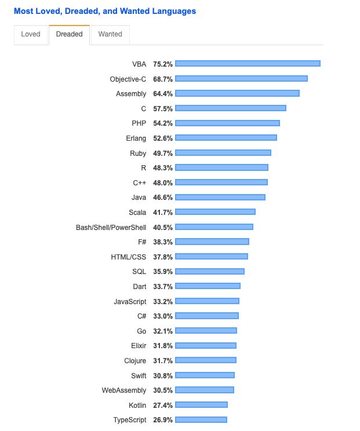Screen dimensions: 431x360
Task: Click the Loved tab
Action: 31,34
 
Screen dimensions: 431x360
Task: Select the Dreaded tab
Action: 70,34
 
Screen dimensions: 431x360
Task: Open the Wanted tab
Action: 110,34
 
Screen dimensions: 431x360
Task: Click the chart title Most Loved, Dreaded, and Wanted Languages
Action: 105,11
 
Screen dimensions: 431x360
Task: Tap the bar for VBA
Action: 248,64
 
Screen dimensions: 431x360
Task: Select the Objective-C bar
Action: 241,79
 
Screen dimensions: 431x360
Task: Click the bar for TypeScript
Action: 201,420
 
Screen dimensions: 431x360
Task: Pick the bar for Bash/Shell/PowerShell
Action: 214,227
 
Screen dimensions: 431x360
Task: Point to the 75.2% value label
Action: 163,64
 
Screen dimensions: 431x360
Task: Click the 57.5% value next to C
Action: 163,108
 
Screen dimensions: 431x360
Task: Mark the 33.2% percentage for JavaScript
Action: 163,301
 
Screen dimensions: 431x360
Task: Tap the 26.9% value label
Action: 163,420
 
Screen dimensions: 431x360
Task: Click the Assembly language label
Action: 131,94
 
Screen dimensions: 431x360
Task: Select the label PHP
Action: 139,123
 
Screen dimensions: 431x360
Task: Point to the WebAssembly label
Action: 123,390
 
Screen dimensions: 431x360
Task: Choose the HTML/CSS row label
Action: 129,257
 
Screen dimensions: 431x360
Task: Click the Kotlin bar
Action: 201,405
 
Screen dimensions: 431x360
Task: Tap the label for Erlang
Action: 136,138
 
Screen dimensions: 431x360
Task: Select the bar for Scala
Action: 215,212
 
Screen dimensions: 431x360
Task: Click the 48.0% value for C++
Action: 163,182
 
